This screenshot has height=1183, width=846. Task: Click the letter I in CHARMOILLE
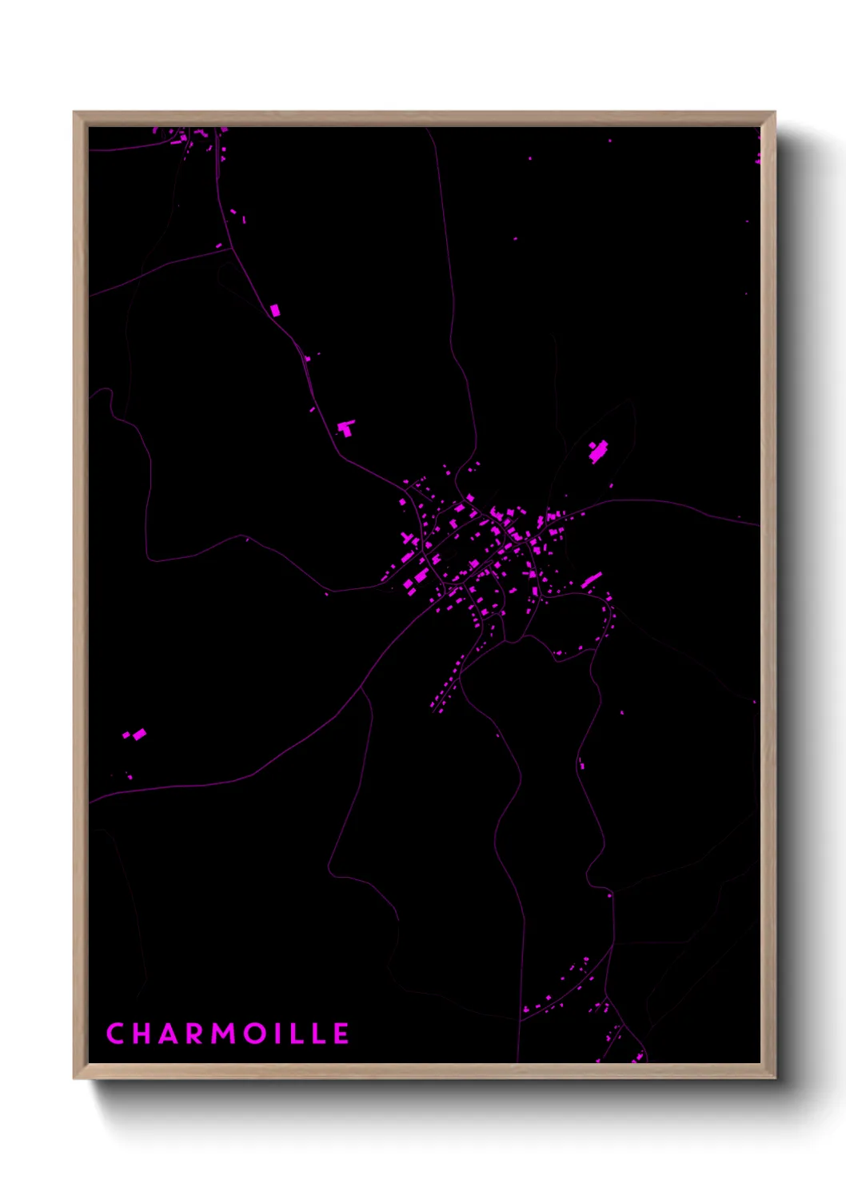281,1034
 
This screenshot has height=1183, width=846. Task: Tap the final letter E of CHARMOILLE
341,1034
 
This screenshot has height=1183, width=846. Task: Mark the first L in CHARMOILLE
299,1034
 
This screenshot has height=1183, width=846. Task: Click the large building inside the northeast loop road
598,452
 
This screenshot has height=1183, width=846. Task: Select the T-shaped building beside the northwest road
345,428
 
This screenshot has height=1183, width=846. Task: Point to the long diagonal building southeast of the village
592,580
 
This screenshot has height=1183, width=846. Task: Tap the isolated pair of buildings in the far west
135,734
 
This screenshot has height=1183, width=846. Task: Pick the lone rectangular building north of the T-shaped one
275,309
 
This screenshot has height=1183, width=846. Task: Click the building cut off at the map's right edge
758,159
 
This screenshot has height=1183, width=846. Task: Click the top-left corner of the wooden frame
74,113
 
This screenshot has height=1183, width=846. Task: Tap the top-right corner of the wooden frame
775,113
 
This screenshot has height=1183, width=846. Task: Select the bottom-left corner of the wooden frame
74,1077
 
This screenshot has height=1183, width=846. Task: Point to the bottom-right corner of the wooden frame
775,1077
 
